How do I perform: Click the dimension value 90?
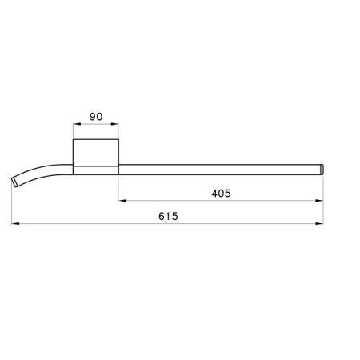tap(95, 117)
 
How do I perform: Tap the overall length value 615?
tap(168, 217)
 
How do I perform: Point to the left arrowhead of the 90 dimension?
tap(75, 125)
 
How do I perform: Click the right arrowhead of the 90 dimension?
tap(117, 125)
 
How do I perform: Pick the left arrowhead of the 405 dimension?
tap(122, 200)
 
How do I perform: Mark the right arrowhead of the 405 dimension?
tap(322, 200)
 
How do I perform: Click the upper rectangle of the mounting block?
tap(96, 151)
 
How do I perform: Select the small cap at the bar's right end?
tap(323, 168)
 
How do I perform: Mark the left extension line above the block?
tap(73, 132)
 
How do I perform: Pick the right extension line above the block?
tap(119, 132)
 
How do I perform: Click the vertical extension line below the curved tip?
tap(14, 208)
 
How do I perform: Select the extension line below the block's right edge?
tap(119, 188)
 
